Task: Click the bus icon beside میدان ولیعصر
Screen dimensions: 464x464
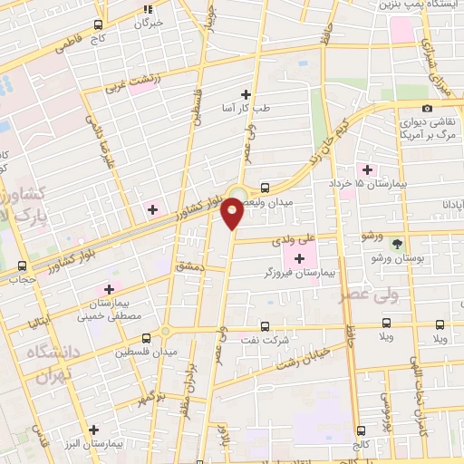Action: tap(264, 188)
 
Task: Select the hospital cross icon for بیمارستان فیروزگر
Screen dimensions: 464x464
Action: tap(299, 260)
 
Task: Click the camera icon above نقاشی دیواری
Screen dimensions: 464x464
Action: tap(428, 109)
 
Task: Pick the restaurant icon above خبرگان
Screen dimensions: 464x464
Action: tap(149, 10)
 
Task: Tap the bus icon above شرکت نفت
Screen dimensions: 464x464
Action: tap(265, 325)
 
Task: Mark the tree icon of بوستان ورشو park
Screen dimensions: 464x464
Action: tap(396, 244)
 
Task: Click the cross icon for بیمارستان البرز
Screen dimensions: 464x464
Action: tap(93, 429)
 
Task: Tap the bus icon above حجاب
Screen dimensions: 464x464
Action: tap(22, 266)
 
